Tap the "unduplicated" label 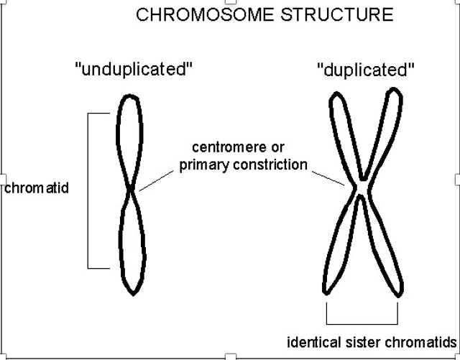(134, 70)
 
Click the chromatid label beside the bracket (36, 189)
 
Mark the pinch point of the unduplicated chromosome (131, 190)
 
